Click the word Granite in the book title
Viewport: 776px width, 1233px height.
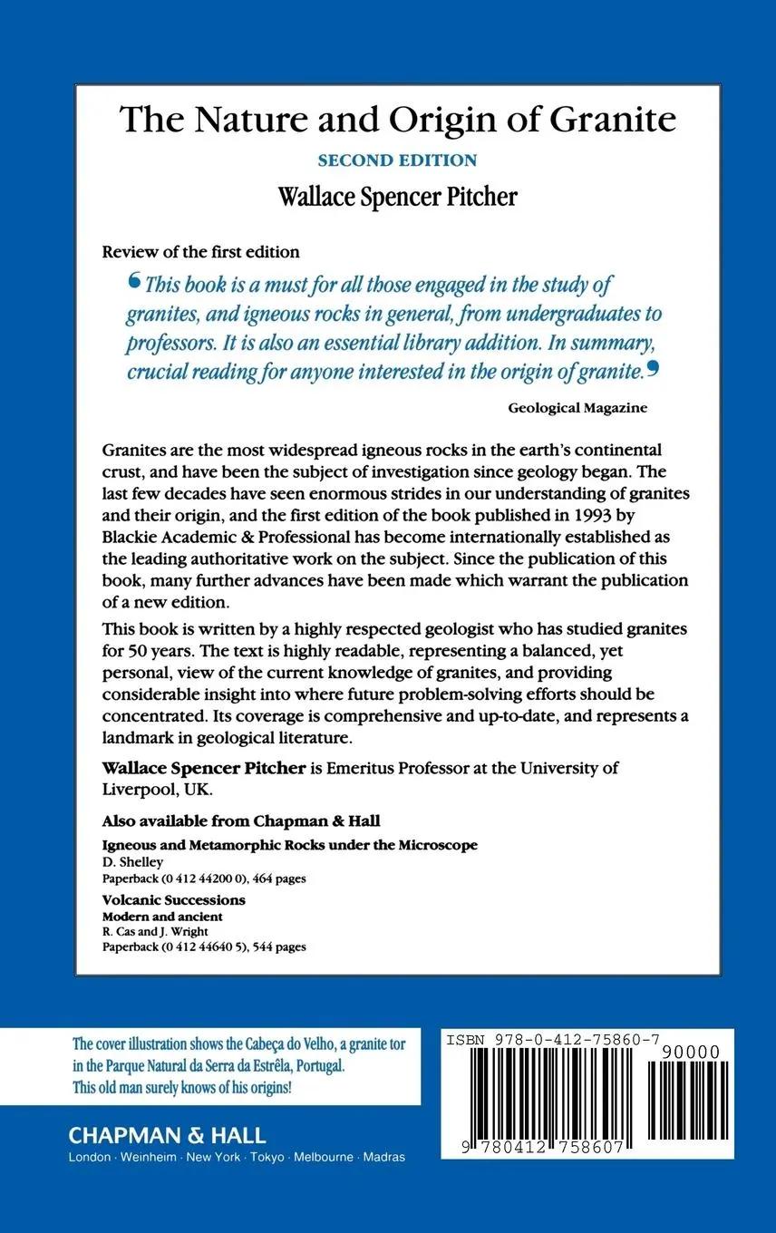pos(613,120)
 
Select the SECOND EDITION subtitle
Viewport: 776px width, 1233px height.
pos(397,160)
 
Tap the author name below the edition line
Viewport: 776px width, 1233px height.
pos(397,197)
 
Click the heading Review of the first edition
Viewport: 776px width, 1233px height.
pos(200,251)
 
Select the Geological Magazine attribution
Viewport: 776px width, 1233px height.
pos(577,408)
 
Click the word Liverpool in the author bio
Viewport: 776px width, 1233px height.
pos(141,789)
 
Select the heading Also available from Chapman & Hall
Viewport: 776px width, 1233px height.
pos(241,821)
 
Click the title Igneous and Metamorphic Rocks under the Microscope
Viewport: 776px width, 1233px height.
pos(290,845)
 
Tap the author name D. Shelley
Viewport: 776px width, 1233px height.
pos(133,862)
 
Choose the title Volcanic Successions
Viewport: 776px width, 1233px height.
pos(174,900)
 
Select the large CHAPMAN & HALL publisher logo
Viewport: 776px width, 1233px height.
pos(169,1135)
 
